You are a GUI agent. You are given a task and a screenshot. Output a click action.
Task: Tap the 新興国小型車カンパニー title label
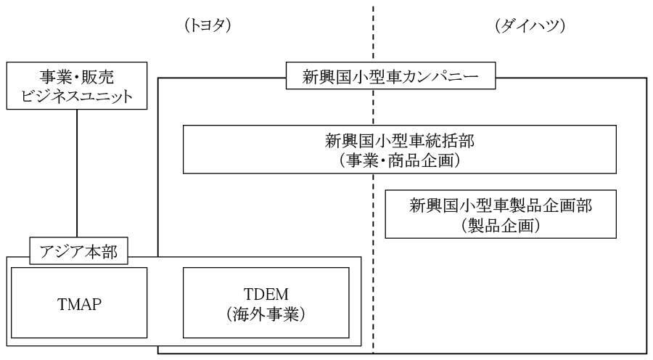coord(390,75)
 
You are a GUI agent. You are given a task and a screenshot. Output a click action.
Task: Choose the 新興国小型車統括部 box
coord(399,150)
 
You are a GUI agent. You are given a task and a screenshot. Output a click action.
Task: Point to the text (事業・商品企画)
coord(400,160)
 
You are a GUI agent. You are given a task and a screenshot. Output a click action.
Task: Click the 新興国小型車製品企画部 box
coord(501,214)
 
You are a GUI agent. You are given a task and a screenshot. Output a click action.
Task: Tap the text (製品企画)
coord(501,226)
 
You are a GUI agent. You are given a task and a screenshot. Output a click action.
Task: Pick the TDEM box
coord(266,303)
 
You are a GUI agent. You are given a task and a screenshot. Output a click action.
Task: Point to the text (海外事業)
coord(266,314)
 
